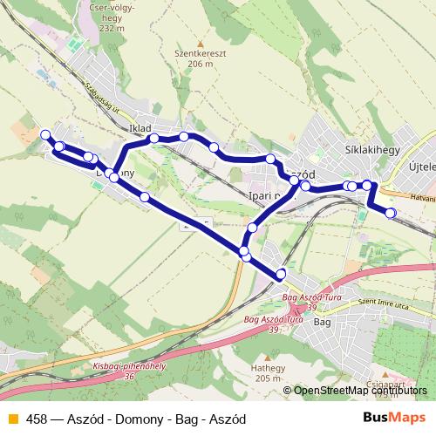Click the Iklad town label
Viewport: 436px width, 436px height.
140,129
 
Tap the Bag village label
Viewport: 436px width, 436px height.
322,323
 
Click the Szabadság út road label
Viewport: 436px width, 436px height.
101,100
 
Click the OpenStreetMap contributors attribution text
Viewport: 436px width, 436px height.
358,391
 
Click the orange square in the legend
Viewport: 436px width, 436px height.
12,419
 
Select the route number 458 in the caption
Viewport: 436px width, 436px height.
37,419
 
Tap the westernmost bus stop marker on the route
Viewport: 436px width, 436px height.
45,134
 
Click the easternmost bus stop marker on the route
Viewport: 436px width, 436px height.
391,213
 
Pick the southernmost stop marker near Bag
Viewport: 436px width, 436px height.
281,275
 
